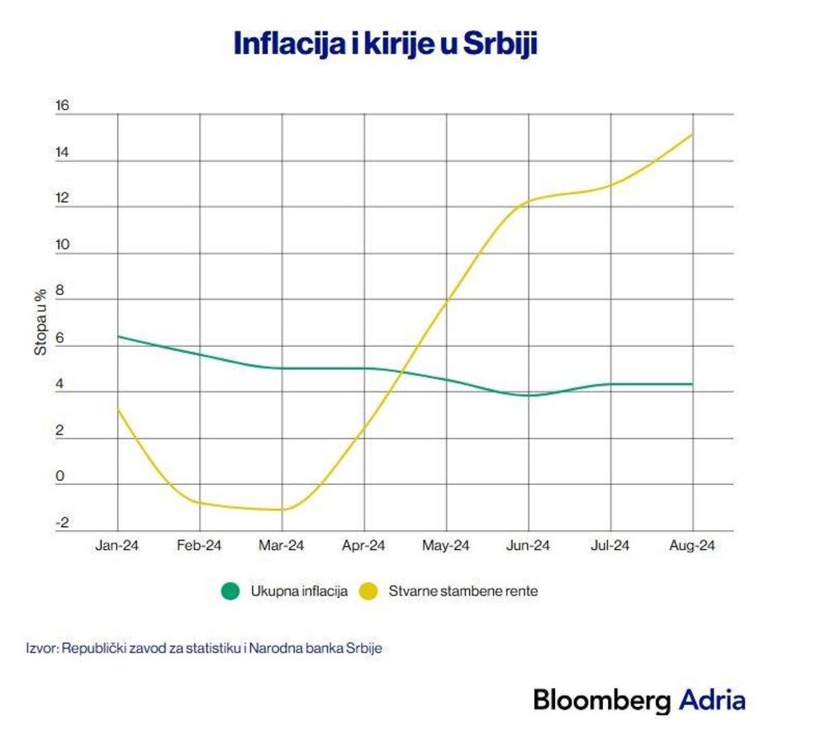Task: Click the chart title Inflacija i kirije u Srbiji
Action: tap(386, 44)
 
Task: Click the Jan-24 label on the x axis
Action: tap(117, 546)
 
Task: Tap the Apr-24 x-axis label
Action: tap(364, 546)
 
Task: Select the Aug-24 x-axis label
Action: tap(692, 546)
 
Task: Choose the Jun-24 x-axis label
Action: tap(529, 546)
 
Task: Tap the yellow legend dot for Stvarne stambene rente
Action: tap(368, 591)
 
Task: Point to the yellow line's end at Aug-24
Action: tap(692, 134)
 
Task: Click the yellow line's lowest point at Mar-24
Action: tap(282, 510)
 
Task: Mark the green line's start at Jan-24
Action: tap(118, 336)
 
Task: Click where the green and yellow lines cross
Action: tap(401, 373)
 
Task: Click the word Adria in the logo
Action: tap(712, 700)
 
